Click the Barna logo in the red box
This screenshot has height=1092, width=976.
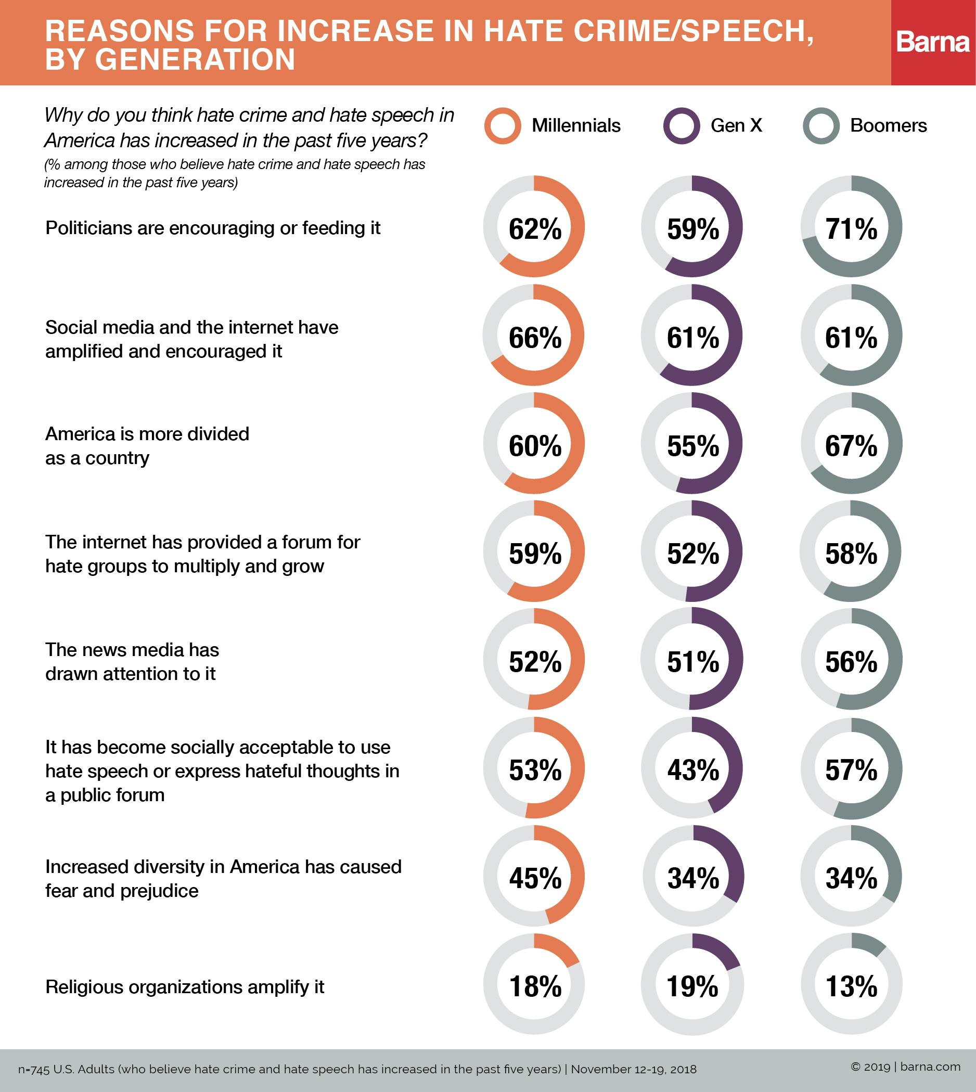[933, 42]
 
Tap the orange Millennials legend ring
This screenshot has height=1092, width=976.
[502, 126]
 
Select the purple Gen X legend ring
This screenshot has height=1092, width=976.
[681, 126]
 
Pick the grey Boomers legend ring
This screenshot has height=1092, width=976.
[820, 126]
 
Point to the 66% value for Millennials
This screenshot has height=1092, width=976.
[535, 337]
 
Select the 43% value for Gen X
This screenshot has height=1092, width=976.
[693, 770]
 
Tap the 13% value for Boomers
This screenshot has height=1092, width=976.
[851, 986]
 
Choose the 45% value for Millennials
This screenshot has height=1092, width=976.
[535, 878]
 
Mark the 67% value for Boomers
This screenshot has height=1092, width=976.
[851, 446]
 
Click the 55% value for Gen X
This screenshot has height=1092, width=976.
[693, 446]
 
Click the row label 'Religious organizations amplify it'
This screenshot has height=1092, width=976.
[185, 987]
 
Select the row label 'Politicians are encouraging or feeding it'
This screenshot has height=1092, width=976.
[212, 228]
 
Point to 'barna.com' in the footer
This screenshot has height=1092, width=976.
[930, 1067]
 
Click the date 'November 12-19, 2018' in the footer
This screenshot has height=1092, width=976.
[633, 1069]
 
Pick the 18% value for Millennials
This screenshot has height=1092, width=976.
[535, 986]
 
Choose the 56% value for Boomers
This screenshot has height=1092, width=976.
[851, 662]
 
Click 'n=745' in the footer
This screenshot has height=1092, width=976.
[33, 1070]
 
